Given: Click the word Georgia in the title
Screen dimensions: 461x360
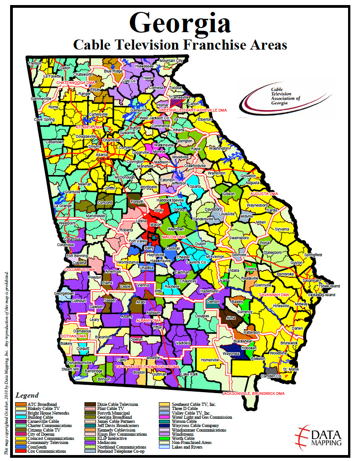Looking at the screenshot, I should [180, 22].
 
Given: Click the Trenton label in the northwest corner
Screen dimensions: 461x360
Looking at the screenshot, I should [34, 63].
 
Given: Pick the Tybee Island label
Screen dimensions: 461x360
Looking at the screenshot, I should [330, 286].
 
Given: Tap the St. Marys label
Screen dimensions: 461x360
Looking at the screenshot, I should [290, 369].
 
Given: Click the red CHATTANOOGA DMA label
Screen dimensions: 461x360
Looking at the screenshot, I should [75, 83].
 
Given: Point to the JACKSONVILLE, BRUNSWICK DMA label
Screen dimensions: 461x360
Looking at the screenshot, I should [253, 394].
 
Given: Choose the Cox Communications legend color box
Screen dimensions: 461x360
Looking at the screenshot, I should [21, 451].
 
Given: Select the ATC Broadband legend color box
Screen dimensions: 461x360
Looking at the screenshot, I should [21, 404].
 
